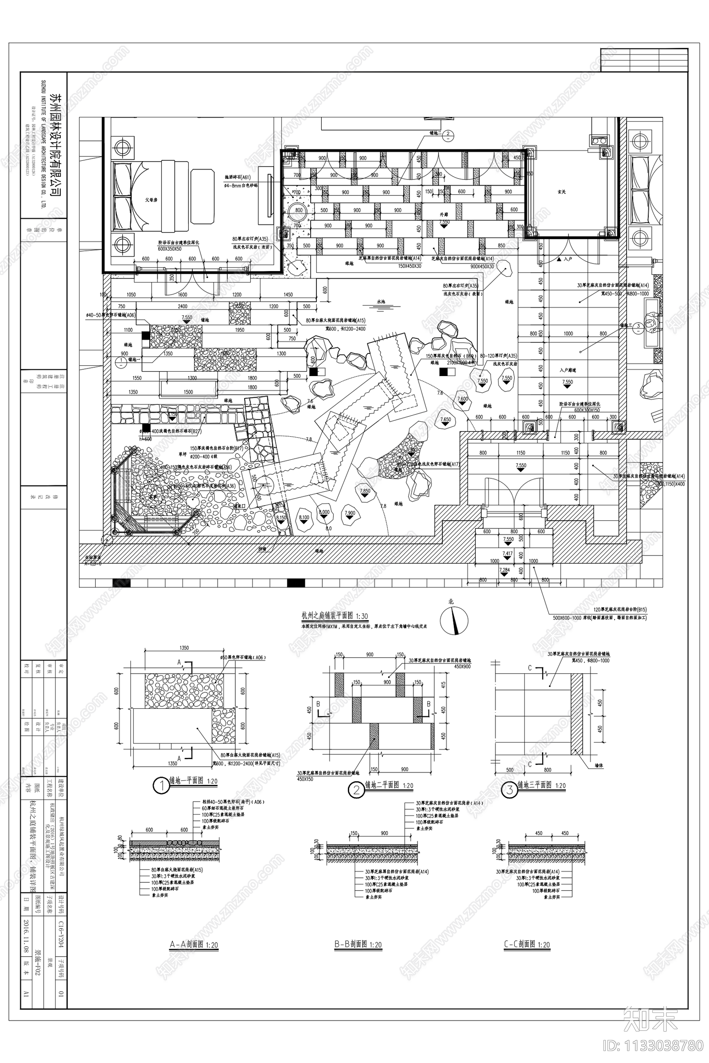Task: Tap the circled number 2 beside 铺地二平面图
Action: (356, 790)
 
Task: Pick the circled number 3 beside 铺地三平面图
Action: (510, 790)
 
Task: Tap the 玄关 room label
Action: (562, 192)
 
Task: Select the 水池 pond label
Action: (380, 302)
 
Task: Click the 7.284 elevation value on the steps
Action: (505, 570)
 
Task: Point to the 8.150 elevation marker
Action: (281, 518)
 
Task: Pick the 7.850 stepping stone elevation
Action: (364, 491)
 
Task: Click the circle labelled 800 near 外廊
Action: (299, 210)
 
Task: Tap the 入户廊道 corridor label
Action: (568, 370)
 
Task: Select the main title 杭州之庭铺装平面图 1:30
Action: (335, 616)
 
